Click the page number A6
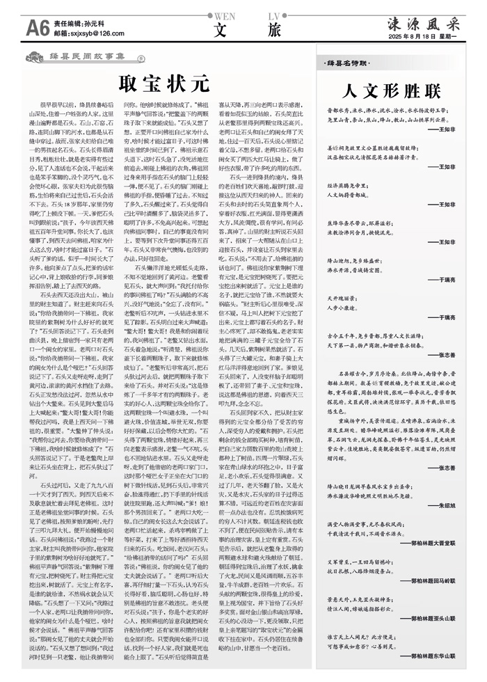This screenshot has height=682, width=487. pyautogui.click(x=37, y=27)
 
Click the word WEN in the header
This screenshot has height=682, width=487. pyautogui.click(x=224, y=15)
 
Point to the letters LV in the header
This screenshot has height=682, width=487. pyautogui.click(x=274, y=15)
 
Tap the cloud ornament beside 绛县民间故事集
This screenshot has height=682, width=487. pyautogui.click(x=141, y=61)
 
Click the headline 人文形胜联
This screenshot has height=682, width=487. pyautogui.click(x=392, y=91)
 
